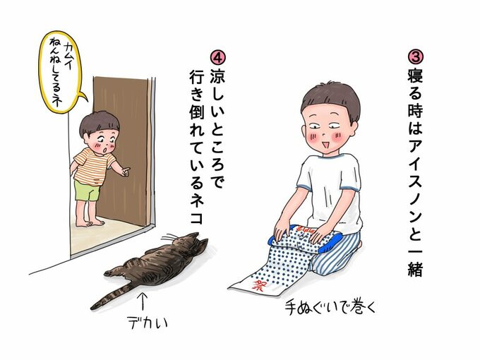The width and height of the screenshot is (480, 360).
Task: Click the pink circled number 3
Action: (x=415, y=58)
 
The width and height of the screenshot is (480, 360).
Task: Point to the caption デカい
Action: (x=148, y=322)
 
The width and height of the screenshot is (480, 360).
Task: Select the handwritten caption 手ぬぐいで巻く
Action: (x=330, y=307)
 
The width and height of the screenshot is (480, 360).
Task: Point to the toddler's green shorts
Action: (x=87, y=191)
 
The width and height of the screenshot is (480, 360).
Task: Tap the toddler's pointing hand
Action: (x=126, y=172)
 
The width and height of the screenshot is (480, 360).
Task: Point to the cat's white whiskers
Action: (x=170, y=238)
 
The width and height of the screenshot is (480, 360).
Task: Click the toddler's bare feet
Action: (x=90, y=222)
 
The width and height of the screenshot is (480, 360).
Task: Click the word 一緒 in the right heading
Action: (x=415, y=260)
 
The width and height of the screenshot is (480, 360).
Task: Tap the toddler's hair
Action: (x=99, y=123)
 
